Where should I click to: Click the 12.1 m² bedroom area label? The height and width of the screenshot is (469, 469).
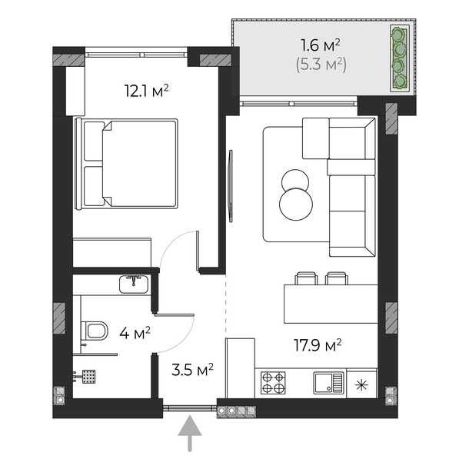point(146,91)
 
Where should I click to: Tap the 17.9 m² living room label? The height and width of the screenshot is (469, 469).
point(318,345)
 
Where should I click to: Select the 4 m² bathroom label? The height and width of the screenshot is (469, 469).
point(135,333)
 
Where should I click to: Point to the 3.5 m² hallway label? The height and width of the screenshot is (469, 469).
point(192,369)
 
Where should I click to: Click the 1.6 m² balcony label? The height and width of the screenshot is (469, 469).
point(321,45)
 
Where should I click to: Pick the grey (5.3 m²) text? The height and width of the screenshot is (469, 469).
point(321,65)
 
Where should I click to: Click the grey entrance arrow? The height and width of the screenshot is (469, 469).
point(190,434)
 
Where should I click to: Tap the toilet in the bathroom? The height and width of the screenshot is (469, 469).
point(94,331)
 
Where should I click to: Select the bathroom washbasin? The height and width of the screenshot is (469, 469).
point(134,284)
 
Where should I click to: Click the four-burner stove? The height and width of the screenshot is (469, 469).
point(273,383)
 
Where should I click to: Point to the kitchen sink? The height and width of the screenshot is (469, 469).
point(328,383)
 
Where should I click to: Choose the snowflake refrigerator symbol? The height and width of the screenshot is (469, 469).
point(361,385)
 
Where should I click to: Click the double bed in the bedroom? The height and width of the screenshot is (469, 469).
point(126,164)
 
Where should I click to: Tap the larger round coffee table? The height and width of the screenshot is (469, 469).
point(296,205)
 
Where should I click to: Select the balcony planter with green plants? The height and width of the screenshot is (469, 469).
point(399,58)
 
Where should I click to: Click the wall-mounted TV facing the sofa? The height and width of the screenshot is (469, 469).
point(231,186)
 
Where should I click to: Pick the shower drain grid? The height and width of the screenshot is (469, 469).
point(89,377)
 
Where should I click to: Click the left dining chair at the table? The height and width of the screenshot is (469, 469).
point(307,278)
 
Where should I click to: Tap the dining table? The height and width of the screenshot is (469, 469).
point(331,304)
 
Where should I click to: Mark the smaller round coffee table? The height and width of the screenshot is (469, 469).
point(295,180)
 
